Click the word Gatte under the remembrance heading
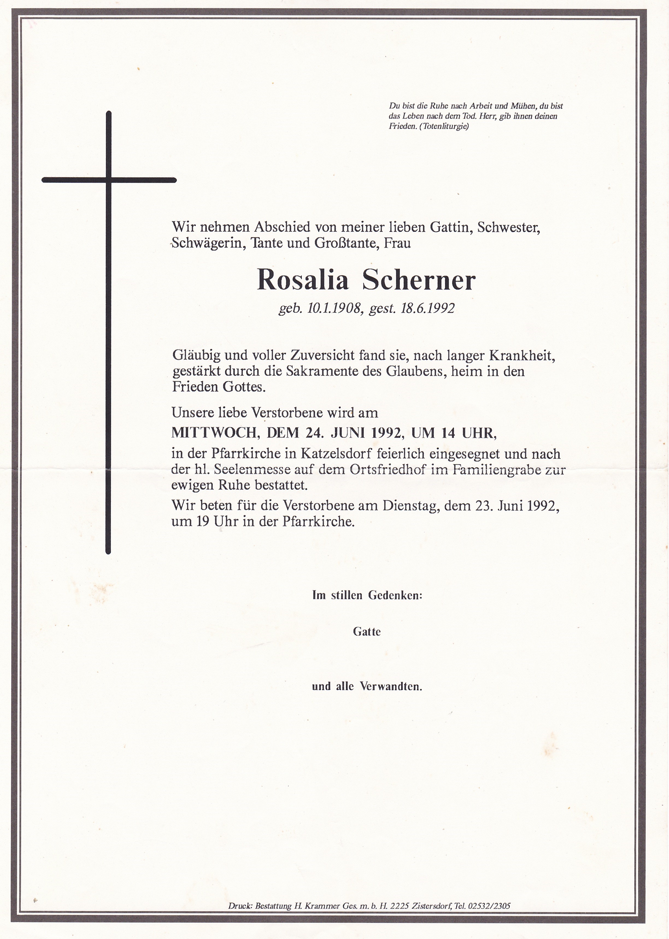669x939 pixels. pos(367,632)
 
